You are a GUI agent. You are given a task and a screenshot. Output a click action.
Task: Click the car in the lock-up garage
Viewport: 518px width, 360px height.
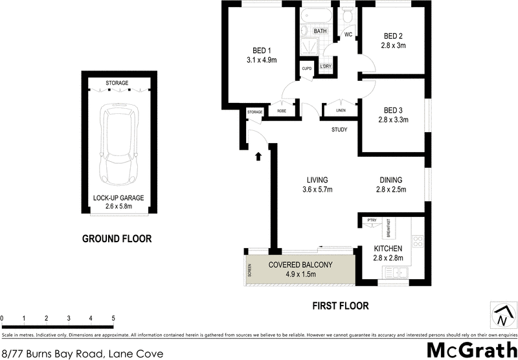coord(117,146)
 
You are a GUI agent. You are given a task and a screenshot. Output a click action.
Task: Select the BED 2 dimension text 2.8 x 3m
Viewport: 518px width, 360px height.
coord(394,45)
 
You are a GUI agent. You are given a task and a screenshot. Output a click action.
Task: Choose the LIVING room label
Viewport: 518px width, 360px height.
coord(318,180)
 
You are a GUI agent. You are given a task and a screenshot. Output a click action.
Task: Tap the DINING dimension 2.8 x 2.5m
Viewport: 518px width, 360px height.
coord(400,190)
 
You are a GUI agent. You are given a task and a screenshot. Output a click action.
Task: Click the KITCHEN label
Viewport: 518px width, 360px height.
coord(388,249)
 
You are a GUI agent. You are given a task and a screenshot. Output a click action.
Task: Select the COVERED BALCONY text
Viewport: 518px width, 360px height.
coord(300,264)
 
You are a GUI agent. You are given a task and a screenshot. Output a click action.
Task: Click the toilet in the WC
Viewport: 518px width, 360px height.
coord(347,16)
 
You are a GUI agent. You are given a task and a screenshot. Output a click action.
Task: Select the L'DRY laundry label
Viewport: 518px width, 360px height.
coord(326,67)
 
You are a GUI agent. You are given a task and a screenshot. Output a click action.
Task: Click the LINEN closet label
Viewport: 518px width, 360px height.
coord(341,111)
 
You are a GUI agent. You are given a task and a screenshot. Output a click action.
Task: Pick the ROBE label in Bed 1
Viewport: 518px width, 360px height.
coord(282,111)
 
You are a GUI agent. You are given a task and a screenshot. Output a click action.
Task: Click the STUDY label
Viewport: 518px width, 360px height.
coord(339,129)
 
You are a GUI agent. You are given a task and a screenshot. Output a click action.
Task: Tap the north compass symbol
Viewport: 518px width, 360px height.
coord(501,316)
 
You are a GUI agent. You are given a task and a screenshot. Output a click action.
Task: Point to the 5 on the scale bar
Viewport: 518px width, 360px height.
coord(113,318)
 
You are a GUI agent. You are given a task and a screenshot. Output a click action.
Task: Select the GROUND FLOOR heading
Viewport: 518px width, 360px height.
coord(117,239)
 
